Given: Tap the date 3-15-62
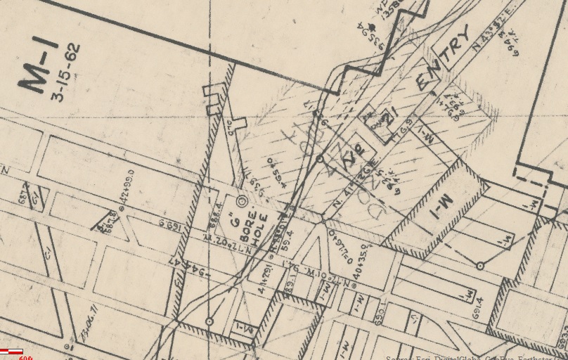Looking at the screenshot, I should click(65, 72).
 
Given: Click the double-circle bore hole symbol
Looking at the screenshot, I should click(242, 202).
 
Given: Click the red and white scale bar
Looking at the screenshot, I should click(13, 351).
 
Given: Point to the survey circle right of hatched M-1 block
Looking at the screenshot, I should click(479, 266).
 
